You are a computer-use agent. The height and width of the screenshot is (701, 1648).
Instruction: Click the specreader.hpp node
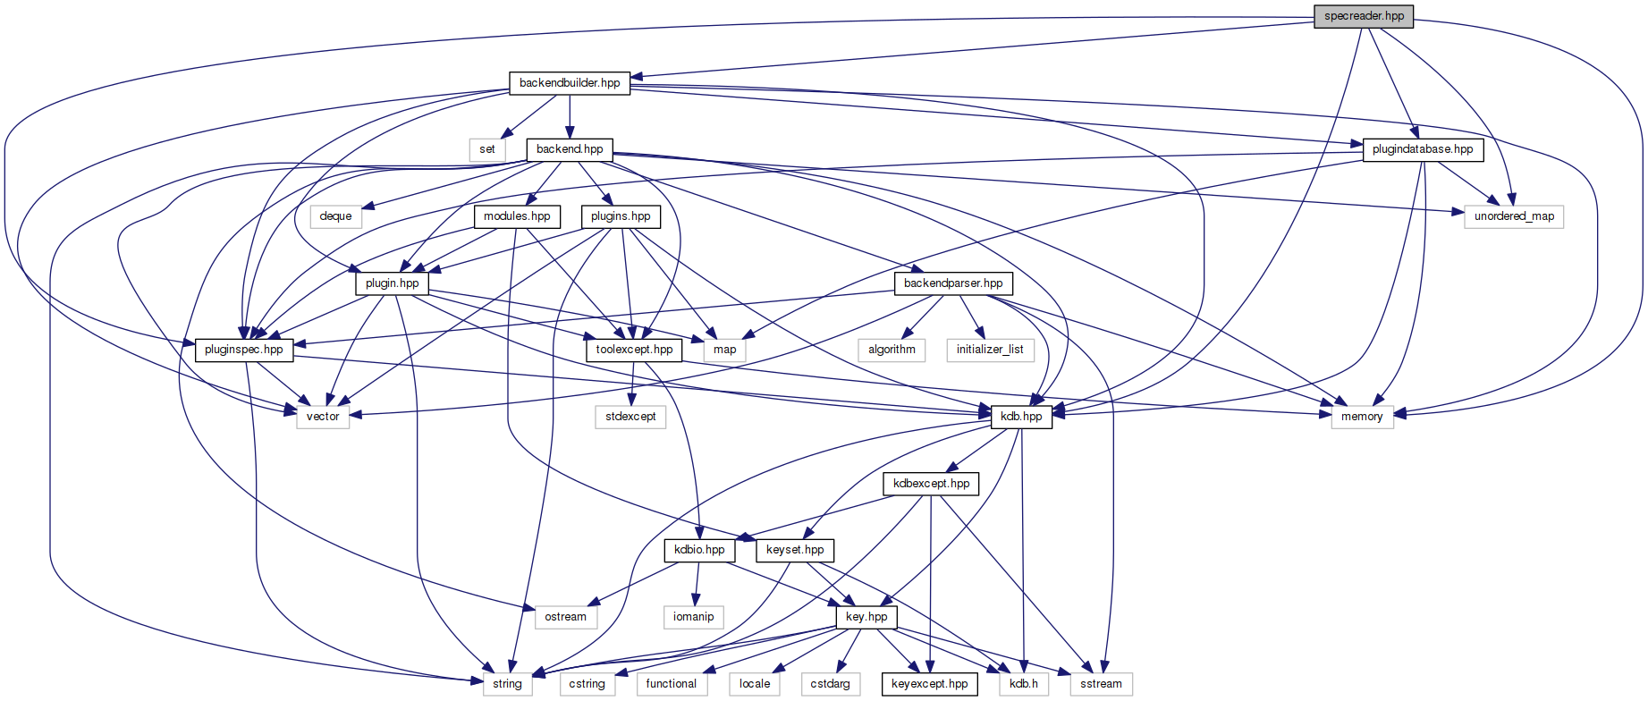click(x=1364, y=16)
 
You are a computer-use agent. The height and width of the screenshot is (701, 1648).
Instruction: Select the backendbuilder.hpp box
click(x=570, y=83)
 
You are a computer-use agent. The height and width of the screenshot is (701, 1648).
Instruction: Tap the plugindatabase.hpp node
click(x=1422, y=149)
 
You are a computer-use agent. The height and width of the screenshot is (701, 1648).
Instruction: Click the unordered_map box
click(x=1514, y=216)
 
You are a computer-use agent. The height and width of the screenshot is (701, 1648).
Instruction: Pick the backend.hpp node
click(x=570, y=149)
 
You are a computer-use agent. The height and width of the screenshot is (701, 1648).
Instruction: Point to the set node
click(x=486, y=149)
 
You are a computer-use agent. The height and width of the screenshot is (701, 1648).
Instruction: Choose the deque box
click(x=335, y=216)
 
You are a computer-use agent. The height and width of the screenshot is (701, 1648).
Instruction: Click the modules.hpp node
click(x=517, y=216)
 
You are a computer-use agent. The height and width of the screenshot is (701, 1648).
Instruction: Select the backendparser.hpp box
click(x=953, y=283)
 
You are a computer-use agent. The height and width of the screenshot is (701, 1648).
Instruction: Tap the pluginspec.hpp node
click(x=243, y=350)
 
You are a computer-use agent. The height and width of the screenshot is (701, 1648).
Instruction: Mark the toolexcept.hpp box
click(x=634, y=350)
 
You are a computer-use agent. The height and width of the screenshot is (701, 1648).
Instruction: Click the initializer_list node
click(x=990, y=350)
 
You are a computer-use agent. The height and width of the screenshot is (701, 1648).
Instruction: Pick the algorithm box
click(x=892, y=350)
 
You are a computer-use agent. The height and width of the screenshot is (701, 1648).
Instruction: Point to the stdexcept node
click(x=630, y=417)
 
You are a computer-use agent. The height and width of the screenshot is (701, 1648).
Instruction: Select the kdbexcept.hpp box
click(x=931, y=484)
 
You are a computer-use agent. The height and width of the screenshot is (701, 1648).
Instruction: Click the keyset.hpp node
click(x=795, y=550)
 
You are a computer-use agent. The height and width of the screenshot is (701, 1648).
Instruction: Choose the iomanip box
click(x=693, y=617)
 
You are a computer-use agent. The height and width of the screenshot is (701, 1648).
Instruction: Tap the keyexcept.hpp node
click(x=929, y=684)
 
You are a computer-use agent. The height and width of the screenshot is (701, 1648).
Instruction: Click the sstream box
click(x=1101, y=684)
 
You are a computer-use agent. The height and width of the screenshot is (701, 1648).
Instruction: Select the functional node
click(x=671, y=684)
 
